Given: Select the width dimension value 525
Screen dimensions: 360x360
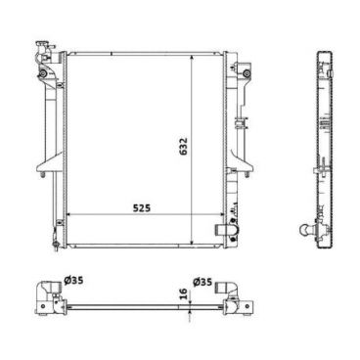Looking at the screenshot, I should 144,206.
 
